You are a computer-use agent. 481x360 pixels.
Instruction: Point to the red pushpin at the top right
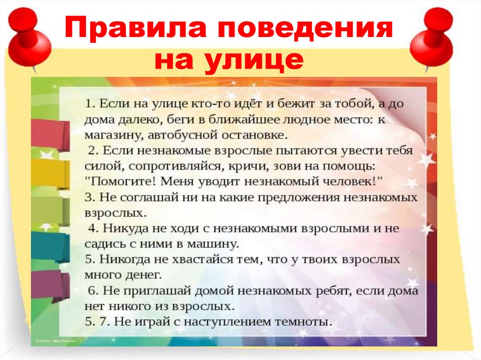pyautogui.click(x=432, y=38)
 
